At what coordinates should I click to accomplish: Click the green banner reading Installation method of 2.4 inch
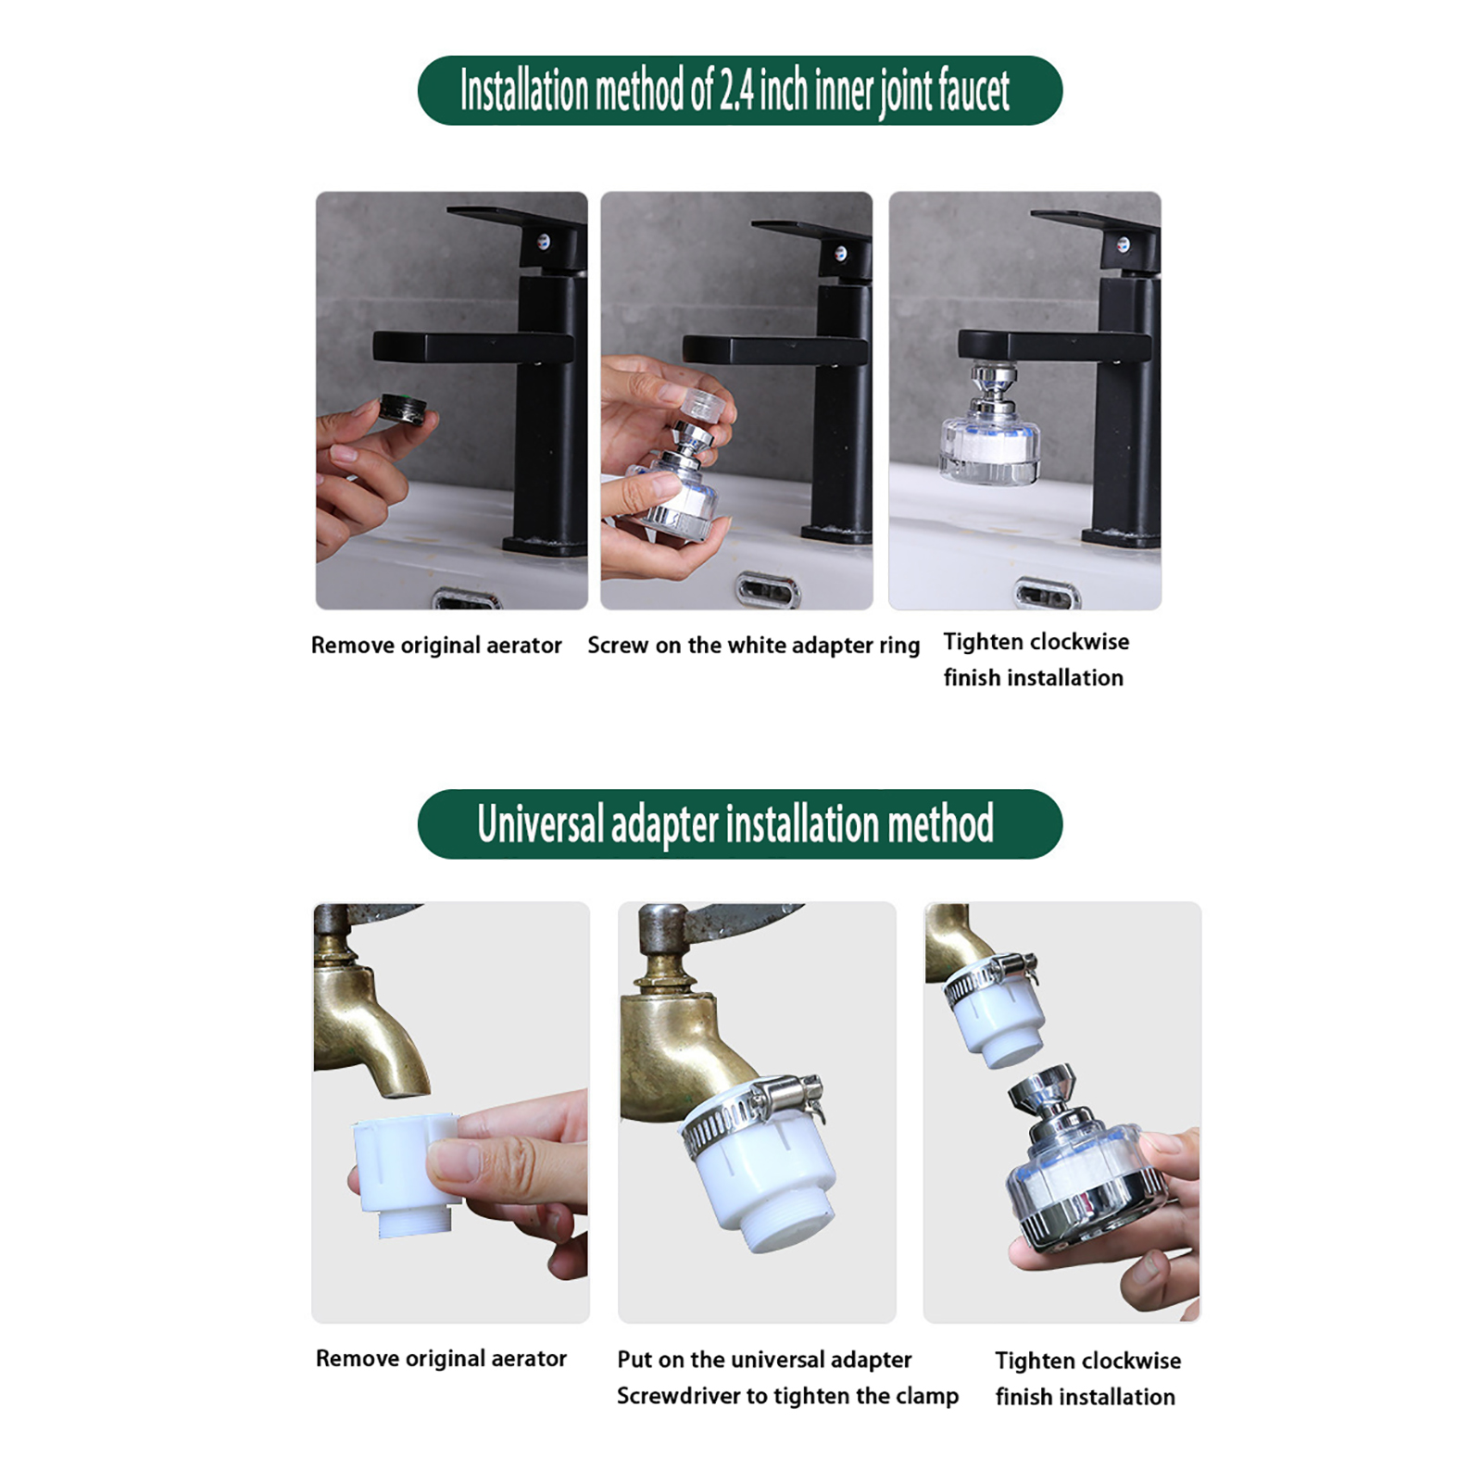(740, 91)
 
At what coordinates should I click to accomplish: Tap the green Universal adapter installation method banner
(740, 823)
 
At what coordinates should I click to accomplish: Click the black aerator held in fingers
(402, 408)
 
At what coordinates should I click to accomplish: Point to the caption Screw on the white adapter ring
(753, 646)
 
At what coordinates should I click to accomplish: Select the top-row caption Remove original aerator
(436, 646)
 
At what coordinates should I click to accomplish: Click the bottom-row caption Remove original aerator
(441, 1359)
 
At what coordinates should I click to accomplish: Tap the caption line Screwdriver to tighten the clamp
(787, 1396)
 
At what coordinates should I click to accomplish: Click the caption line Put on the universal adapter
(764, 1360)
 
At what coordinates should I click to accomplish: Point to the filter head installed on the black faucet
(990, 425)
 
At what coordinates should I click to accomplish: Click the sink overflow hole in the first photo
(467, 600)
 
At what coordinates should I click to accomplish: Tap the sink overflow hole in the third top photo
(1048, 594)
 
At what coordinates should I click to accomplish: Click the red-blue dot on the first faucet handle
(543, 243)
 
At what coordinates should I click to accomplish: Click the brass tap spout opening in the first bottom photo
(404, 1092)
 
